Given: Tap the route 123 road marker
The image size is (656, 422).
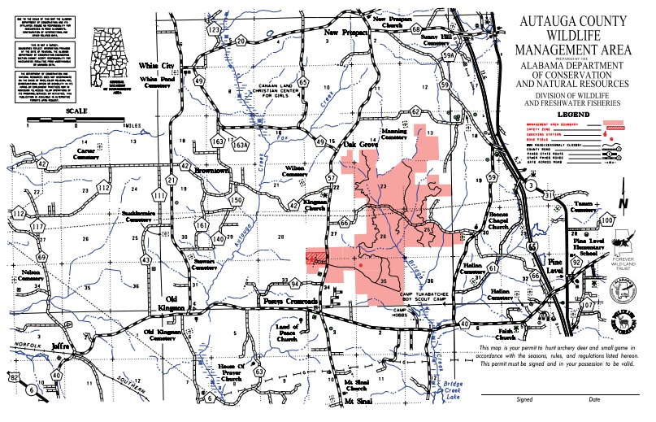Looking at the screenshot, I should coord(214,29).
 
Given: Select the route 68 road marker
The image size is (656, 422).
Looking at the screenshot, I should coord(416,30).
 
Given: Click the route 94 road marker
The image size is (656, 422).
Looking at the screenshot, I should coord(296,285).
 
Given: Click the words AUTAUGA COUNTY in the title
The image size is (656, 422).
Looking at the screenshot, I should coord(572,22).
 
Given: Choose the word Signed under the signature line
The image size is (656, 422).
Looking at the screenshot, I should coord(525,399).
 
